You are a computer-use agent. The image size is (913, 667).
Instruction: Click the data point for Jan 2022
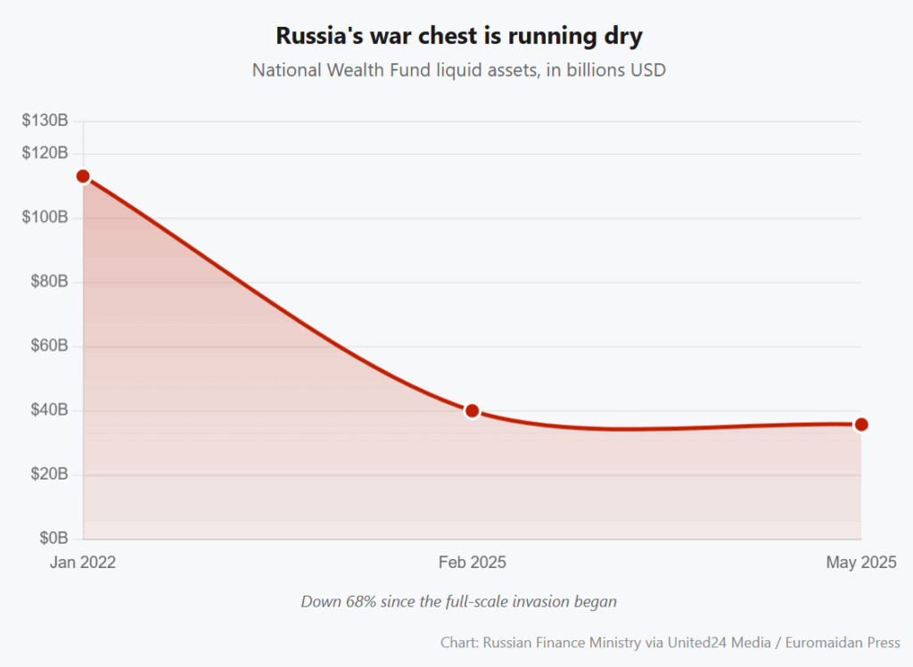83,177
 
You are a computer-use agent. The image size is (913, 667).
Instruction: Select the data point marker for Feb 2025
473,411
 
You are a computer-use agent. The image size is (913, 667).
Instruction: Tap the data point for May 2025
861,424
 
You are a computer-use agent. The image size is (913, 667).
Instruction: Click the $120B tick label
45,153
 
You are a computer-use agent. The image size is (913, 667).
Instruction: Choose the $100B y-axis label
45,218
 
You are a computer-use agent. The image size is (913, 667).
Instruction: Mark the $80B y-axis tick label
49,282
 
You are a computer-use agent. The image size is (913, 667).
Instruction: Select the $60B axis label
49,346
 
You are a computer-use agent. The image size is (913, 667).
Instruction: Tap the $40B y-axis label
49,410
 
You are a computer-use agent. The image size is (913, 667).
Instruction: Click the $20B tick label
49,474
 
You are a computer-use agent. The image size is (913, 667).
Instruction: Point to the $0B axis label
53,539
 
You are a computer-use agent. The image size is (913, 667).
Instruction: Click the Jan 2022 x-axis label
83,563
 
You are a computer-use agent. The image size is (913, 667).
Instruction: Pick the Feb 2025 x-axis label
473,563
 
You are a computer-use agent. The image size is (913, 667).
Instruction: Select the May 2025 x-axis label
860,563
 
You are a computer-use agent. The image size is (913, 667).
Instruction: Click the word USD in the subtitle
647,70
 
